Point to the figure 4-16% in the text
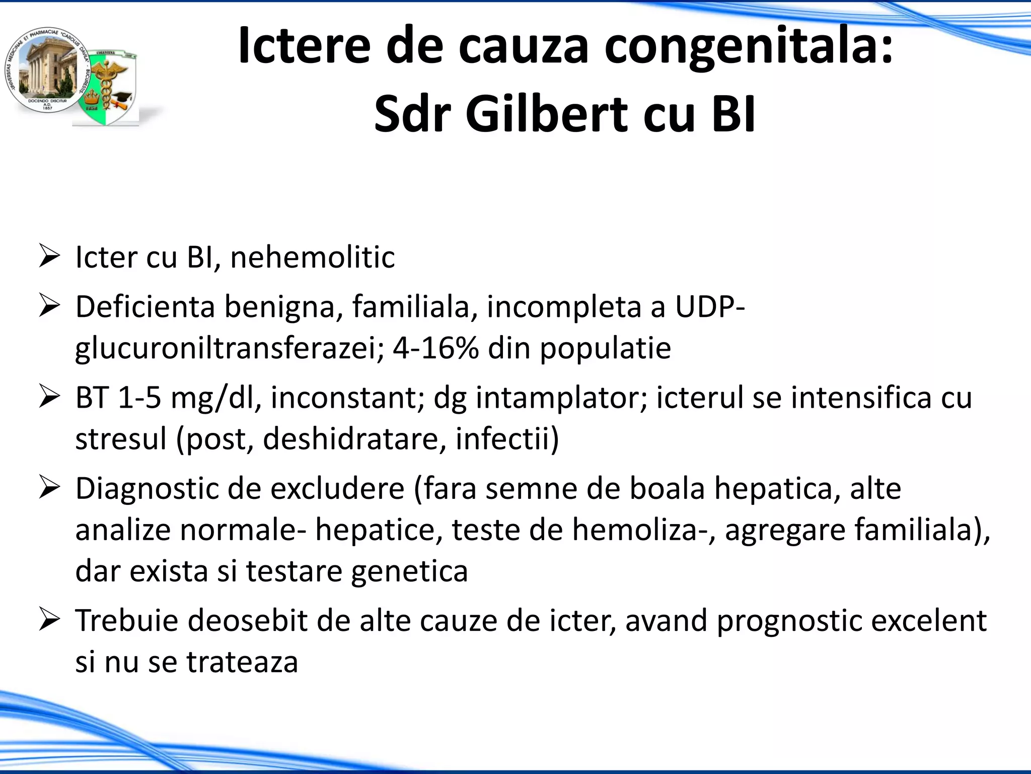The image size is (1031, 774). pyautogui.click(x=435, y=348)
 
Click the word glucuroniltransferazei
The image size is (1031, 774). pyautogui.click(x=230, y=349)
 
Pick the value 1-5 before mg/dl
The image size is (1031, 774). pyautogui.click(x=139, y=398)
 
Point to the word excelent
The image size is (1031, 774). pyautogui.click(x=928, y=620)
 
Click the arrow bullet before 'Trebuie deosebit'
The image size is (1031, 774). pyautogui.click(x=49, y=619)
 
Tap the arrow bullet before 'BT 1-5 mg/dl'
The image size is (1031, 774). pyautogui.click(x=49, y=397)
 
